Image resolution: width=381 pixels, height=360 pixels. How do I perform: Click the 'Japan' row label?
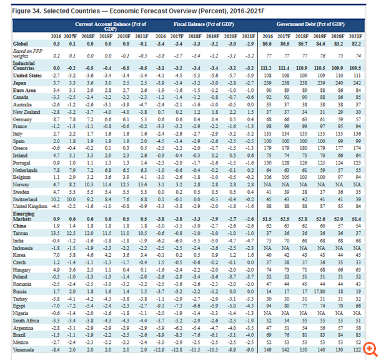[20, 82]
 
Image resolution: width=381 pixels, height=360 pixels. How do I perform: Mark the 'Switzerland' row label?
[26, 198]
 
